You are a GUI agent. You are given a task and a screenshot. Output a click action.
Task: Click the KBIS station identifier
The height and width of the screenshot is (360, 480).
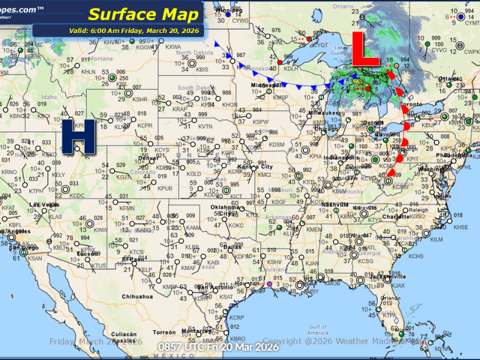[x=202, y=70]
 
